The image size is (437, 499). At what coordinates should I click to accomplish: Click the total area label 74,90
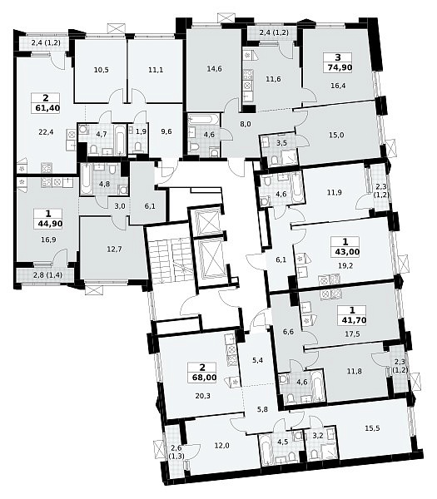click(x=338, y=67)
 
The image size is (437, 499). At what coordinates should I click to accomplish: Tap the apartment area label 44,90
click(x=50, y=224)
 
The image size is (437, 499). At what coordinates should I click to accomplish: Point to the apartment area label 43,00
click(x=347, y=252)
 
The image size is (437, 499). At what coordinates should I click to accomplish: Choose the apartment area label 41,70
click(x=353, y=320)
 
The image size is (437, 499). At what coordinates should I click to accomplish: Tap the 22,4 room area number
click(x=46, y=132)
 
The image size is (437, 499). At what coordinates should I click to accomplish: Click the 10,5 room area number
click(x=102, y=70)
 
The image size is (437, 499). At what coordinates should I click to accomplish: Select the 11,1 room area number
click(x=156, y=70)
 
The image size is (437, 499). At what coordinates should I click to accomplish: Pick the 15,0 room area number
click(x=336, y=136)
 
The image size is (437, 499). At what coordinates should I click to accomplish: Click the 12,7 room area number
click(x=114, y=249)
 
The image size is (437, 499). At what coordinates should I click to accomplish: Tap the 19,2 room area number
click(x=345, y=265)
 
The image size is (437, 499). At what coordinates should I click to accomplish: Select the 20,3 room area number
click(x=203, y=396)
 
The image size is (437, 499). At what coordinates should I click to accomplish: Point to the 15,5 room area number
click(x=372, y=428)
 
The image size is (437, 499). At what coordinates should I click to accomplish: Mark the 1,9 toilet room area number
click(x=141, y=131)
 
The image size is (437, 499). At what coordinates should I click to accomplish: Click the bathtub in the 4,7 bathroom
click(x=120, y=141)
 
